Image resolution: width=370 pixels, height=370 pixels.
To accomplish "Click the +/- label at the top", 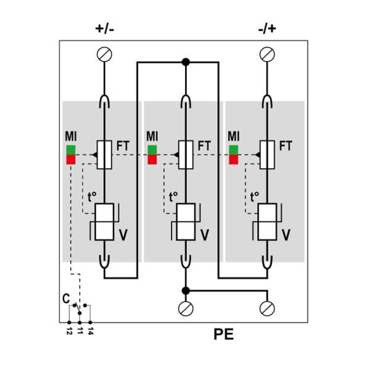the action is click(105, 29).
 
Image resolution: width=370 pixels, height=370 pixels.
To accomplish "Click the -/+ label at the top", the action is click(267, 29).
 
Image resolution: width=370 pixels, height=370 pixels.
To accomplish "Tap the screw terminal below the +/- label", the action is click(104, 54).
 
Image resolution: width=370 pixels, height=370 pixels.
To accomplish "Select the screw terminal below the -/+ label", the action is click(267, 54).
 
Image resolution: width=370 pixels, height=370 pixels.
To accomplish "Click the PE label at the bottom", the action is click(223, 334).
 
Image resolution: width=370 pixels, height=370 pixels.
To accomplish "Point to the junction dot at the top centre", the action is click(186, 62).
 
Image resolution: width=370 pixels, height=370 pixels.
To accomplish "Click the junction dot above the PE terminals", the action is click(186, 290).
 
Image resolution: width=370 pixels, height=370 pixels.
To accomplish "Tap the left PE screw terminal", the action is click(186, 308).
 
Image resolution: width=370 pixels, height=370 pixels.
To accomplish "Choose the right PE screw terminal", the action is click(267, 308).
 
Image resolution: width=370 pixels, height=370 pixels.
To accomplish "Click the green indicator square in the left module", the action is click(71, 150).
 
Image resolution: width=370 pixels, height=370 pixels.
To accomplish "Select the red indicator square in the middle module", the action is click(152, 160).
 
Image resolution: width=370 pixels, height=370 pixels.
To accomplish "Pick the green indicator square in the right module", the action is click(234, 150).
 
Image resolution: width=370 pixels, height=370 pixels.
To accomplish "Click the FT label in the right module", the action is click(286, 146).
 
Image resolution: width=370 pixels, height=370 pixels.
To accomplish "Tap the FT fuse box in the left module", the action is click(104, 155).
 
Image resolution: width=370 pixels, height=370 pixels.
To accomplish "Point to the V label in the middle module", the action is click(205, 235).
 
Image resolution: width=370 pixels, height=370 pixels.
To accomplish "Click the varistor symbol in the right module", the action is click(267, 222).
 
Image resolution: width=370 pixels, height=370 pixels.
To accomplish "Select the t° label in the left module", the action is click(92, 197).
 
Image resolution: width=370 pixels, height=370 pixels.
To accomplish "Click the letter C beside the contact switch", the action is click(66, 298).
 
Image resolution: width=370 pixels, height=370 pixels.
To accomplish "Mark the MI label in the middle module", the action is click(152, 136).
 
